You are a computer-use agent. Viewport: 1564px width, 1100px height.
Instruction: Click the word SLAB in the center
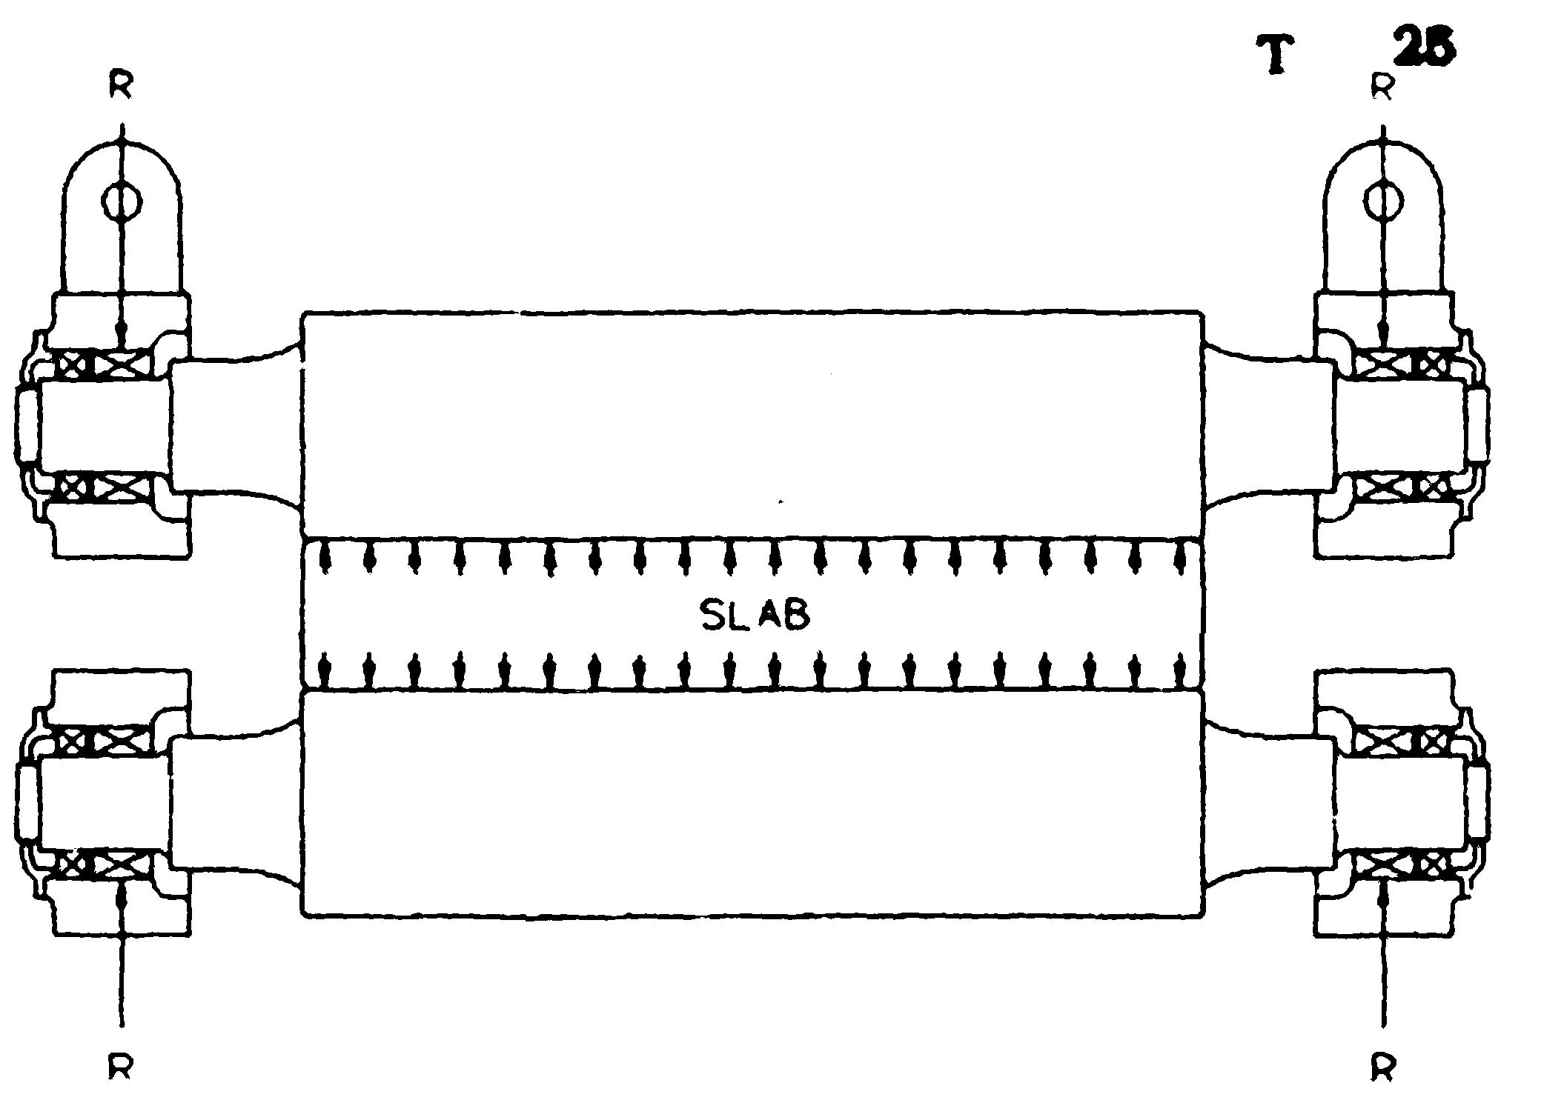point(755,614)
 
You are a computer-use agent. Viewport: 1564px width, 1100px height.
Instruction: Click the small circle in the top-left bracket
point(122,201)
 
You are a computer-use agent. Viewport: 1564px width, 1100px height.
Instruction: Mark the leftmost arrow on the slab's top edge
point(323,558)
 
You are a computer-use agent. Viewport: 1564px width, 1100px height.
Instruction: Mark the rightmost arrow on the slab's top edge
point(1179,558)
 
